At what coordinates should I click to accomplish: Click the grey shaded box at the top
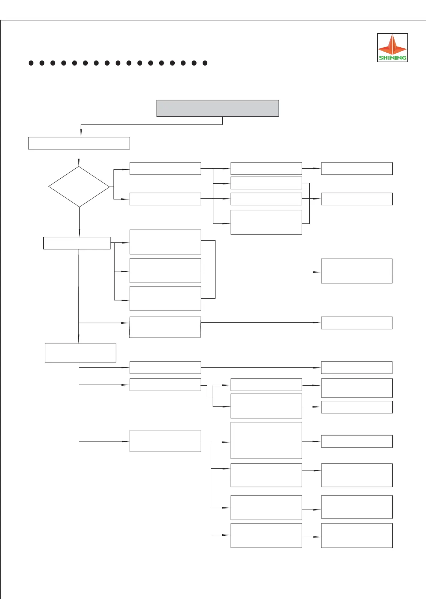pos(217,108)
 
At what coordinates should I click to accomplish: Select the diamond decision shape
pos(79,187)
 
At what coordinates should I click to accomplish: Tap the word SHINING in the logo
pos(392,58)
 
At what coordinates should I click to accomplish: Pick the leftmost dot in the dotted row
pos(31,63)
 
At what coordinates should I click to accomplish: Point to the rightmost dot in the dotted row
pos(205,63)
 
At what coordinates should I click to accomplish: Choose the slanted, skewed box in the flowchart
pos(165,327)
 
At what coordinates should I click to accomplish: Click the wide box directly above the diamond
pos(79,143)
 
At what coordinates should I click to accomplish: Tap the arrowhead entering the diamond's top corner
pos(79,164)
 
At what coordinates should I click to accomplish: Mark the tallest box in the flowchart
pos(266,440)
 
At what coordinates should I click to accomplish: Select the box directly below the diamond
pos(77,243)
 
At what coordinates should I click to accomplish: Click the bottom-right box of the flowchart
pos(357,535)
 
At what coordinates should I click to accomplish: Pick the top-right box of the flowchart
pos(357,168)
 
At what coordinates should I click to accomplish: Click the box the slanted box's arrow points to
pos(357,323)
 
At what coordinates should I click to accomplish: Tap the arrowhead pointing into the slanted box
pos(126,323)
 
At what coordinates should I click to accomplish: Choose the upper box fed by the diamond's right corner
pos(165,168)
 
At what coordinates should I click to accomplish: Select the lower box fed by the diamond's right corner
pos(165,199)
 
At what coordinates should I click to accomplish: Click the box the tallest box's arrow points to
pos(357,442)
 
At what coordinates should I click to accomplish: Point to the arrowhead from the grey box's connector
pos(81,134)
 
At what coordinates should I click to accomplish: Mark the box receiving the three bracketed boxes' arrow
pos(357,271)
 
